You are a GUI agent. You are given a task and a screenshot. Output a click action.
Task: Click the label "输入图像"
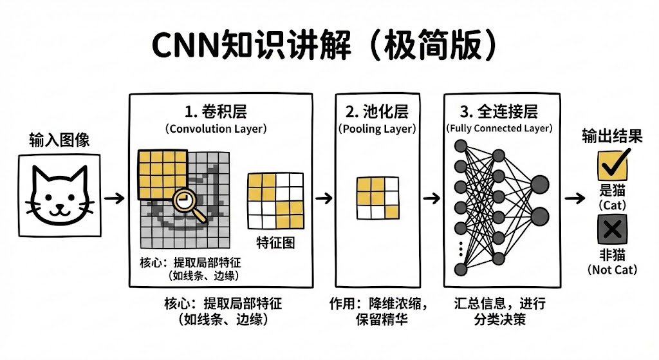(x=59, y=140)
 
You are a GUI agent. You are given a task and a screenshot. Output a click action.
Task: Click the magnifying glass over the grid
(x=185, y=201)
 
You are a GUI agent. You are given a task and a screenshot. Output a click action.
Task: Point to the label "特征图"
(x=275, y=243)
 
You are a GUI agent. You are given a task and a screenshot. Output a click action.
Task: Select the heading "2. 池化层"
(x=377, y=111)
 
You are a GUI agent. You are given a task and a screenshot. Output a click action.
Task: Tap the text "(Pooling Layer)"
(x=377, y=128)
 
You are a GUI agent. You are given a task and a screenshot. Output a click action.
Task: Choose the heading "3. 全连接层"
(x=499, y=111)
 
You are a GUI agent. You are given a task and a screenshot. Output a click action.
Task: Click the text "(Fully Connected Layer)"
(x=499, y=128)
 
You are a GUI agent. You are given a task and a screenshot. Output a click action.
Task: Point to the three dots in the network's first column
(x=460, y=248)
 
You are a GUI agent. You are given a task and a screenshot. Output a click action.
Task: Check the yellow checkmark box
(x=612, y=164)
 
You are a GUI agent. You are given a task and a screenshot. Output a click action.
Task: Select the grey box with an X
(x=612, y=228)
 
